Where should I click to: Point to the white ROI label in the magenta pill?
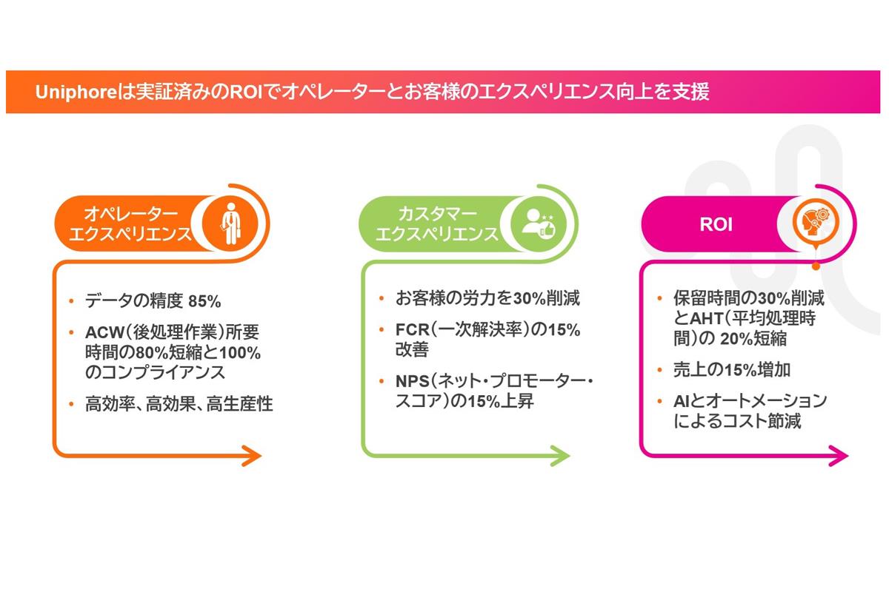click(716, 224)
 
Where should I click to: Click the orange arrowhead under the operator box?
click(252, 456)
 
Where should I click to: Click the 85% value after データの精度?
click(205, 301)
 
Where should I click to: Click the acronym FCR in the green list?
click(412, 329)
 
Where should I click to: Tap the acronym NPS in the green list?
click(413, 383)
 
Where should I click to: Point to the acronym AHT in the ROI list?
click(707, 319)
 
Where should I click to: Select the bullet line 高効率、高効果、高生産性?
click(179, 404)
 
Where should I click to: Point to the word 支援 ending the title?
click(693, 92)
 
